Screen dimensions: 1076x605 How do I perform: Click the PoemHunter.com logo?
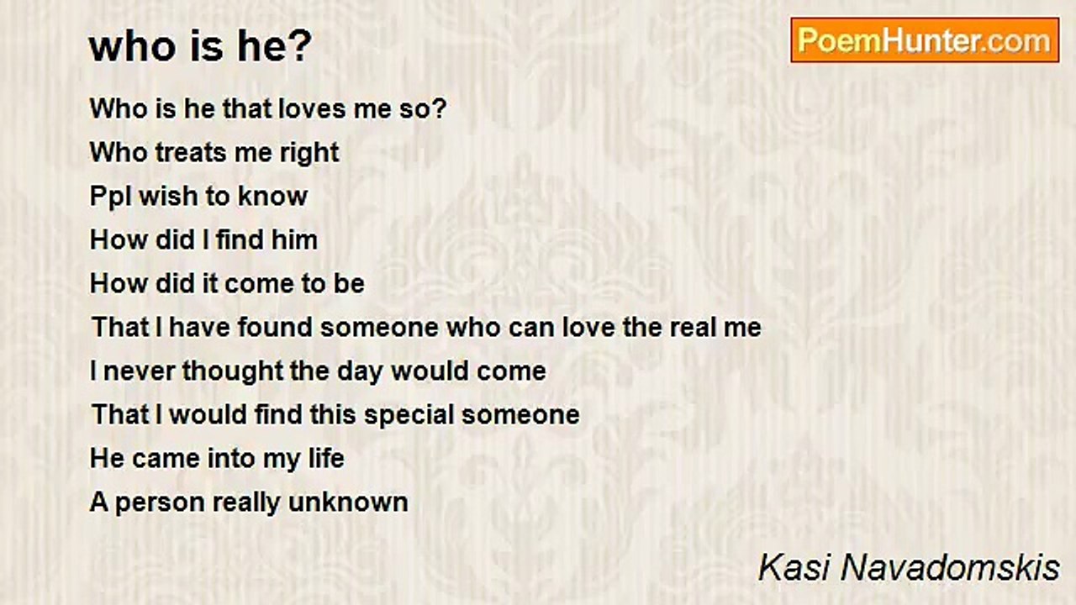pyautogui.click(x=925, y=40)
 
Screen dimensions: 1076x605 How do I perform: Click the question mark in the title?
pyautogui.click(x=301, y=45)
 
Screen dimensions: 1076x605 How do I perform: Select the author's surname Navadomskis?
pyautogui.click(x=951, y=567)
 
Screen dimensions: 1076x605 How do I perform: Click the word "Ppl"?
pyautogui.click(x=110, y=197)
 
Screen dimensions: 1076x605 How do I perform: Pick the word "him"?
pyautogui.click(x=294, y=239)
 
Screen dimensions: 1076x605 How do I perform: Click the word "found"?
pyautogui.click(x=275, y=327)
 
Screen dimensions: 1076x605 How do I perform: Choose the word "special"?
pyautogui.click(x=409, y=416)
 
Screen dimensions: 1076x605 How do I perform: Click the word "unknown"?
pyautogui.click(x=348, y=502)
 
